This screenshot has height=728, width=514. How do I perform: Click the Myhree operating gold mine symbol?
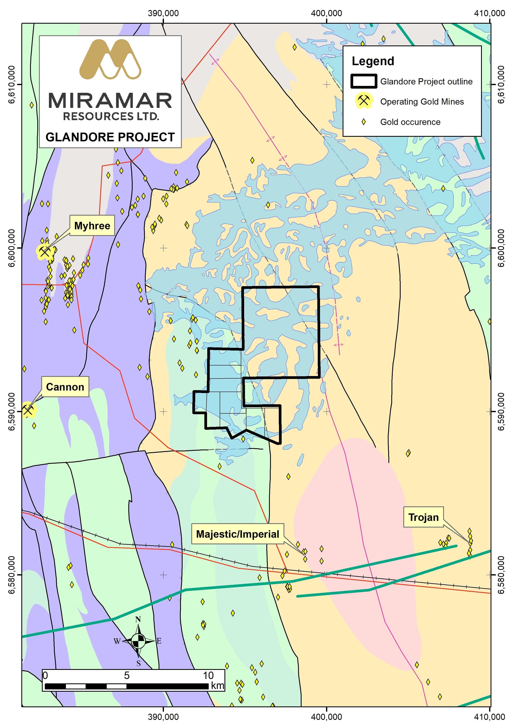point(44,252)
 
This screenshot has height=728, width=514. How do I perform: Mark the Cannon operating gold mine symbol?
point(28,410)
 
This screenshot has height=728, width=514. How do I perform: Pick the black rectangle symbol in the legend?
point(363,81)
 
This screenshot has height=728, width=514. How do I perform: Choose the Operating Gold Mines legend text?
point(422,101)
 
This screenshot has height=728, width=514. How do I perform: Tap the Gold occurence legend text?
point(410,122)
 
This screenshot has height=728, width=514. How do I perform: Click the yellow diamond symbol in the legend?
point(364,122)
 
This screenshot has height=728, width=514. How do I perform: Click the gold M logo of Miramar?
point(110,60)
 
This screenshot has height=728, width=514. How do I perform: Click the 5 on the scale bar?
point(127,675)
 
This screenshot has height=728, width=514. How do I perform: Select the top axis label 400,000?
point(326,13)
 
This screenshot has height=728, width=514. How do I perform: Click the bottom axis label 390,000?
point(163,717)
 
